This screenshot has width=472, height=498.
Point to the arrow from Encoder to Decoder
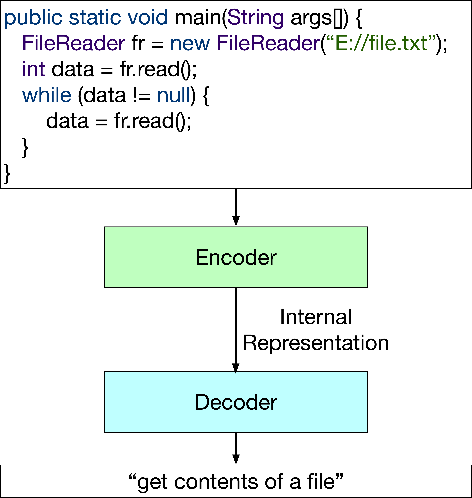(x=236, y=330)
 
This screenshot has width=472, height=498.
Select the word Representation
(x=316, y=343)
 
